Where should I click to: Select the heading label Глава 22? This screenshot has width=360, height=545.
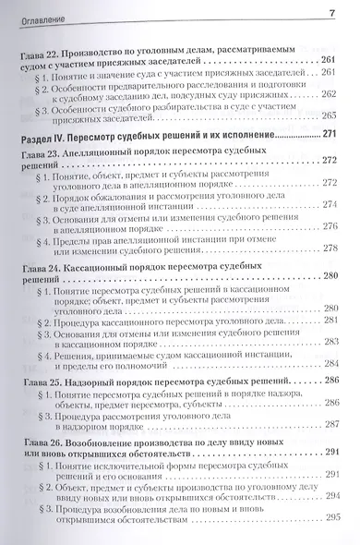pyautogui.click(x=41, y=57)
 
